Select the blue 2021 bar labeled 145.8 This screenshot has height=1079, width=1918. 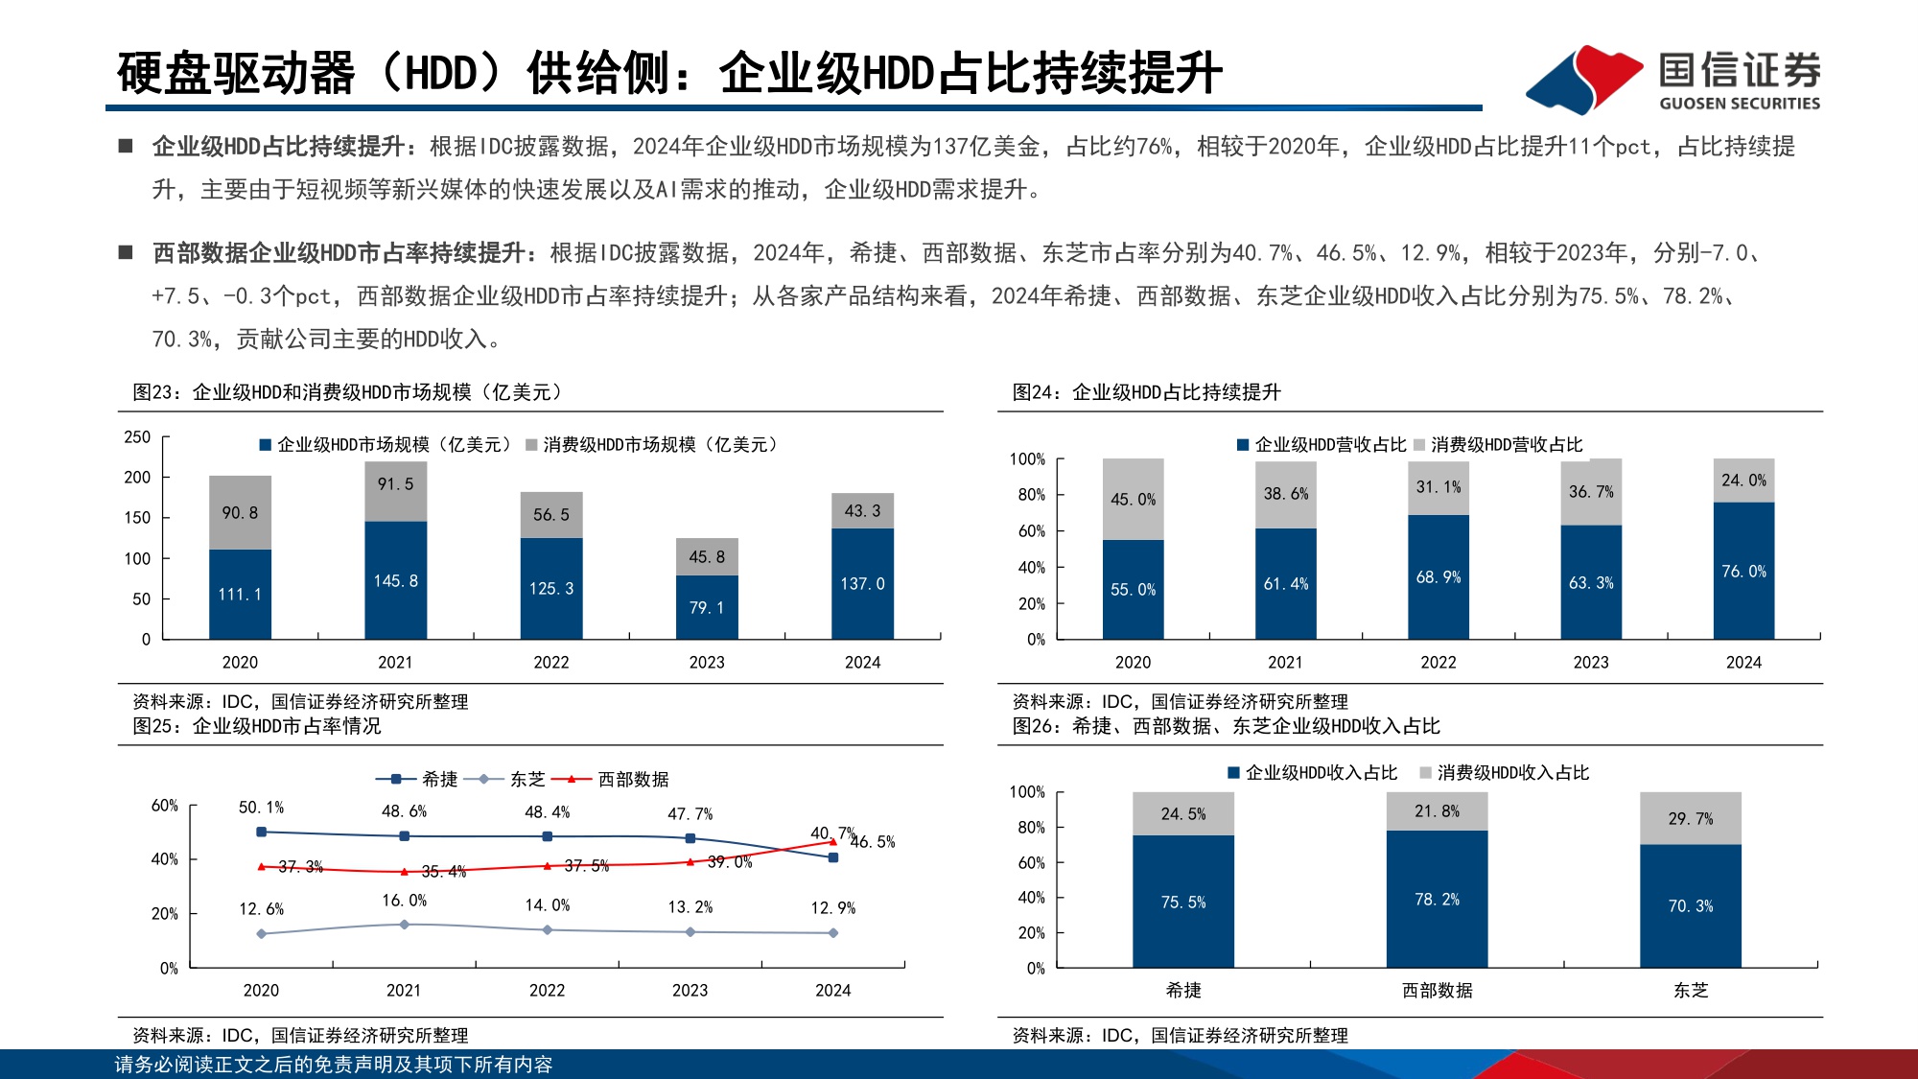pyautogui.click(x=395, y=580)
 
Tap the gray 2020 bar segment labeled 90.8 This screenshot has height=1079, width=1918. pyautogui.click(x=240, y=512)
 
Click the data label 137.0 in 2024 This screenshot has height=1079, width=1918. pyautogui.click(x=862, y=583)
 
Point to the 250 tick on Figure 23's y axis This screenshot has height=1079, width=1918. pyautogui.click(x=137, y=437)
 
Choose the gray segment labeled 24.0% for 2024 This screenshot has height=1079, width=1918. pyautogui.click(x=1743, y=481)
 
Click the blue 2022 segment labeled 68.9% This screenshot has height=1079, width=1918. pyautogui.click(x=1438, y=576)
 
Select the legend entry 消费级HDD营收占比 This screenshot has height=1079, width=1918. pyautogui.click(x=1498, y=445)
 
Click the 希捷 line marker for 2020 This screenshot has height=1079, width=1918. pyautogui.click(x=261, y=832)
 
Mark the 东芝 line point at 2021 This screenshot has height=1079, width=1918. pyautogui.click(x=404, y=925)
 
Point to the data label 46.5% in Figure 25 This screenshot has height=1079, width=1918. pyautogui.click(x=873, y=842)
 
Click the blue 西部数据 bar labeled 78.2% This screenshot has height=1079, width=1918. pyautogui.click(x=1436, y=899)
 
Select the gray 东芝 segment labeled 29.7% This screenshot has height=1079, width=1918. pyautogui.click(x=1690, y=818)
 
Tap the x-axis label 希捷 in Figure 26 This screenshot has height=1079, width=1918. pyautogui.click(x=1182, y=990)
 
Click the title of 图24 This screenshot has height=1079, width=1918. pyautogui.click(x=1146, y=392)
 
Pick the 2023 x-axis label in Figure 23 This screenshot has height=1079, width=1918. pyautogui.click(x=707, y=662)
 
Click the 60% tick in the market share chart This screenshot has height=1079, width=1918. pyautogui.click(x=164, y=806)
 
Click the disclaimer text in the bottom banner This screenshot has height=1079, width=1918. pyautogui.click(x=333, y=1065)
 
